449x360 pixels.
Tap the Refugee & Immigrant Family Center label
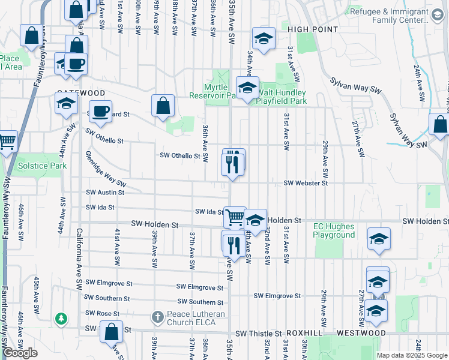388,16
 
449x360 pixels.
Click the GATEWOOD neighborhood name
81,93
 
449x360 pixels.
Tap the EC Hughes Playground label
334,230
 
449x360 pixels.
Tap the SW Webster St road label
306,182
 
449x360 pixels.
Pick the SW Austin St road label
105,193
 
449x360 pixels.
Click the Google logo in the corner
20,353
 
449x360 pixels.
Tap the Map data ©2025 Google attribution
411,355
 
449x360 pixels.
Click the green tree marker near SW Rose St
61,318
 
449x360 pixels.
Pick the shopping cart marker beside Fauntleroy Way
7,142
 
